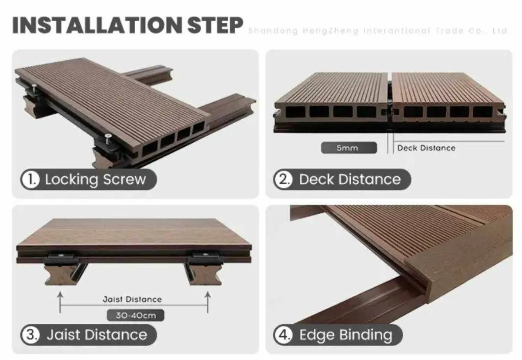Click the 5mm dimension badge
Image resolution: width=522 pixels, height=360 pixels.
(x=348, y=148)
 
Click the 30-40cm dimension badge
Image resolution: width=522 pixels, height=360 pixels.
(x=135, y=315)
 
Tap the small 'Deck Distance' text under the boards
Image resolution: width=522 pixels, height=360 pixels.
(x=426, y=148)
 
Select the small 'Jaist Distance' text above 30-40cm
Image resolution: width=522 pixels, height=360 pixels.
(x=132, y=299)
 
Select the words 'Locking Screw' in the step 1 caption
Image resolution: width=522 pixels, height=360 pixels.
(x=95, y=179)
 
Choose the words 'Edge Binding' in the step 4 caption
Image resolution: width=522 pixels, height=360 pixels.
(x=345, y=335)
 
